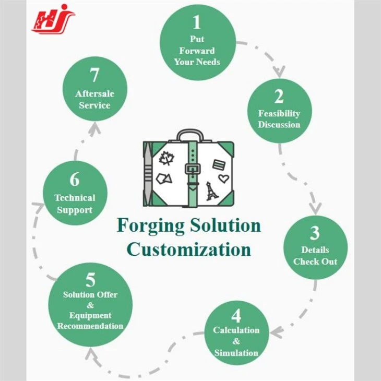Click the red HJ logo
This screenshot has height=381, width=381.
coord(53,19)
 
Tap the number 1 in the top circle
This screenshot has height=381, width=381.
coord(197,22)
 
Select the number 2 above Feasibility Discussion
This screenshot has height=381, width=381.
coord(279,97)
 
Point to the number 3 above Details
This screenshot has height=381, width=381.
coord(315,233)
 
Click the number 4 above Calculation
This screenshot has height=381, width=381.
coord(236,316)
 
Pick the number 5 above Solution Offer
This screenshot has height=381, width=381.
coord(90,280)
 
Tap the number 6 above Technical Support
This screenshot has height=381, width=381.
coord(75,180)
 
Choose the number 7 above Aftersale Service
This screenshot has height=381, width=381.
coord(94,75)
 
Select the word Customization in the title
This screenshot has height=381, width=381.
coord(189,249)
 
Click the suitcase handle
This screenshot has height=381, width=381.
coord(190,135)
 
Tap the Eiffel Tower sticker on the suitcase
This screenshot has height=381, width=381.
coord(212,191)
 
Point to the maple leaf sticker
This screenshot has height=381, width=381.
coord(166,158)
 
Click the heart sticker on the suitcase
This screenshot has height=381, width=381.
coord(223,178)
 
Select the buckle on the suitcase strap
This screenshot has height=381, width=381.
coord(193,169)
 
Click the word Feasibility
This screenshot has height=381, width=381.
coord(279,114)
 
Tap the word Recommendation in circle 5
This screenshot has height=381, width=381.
coord(90,326)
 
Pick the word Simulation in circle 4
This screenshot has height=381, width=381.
coord(236,353)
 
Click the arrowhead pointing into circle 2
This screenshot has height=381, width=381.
coord(279,71)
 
